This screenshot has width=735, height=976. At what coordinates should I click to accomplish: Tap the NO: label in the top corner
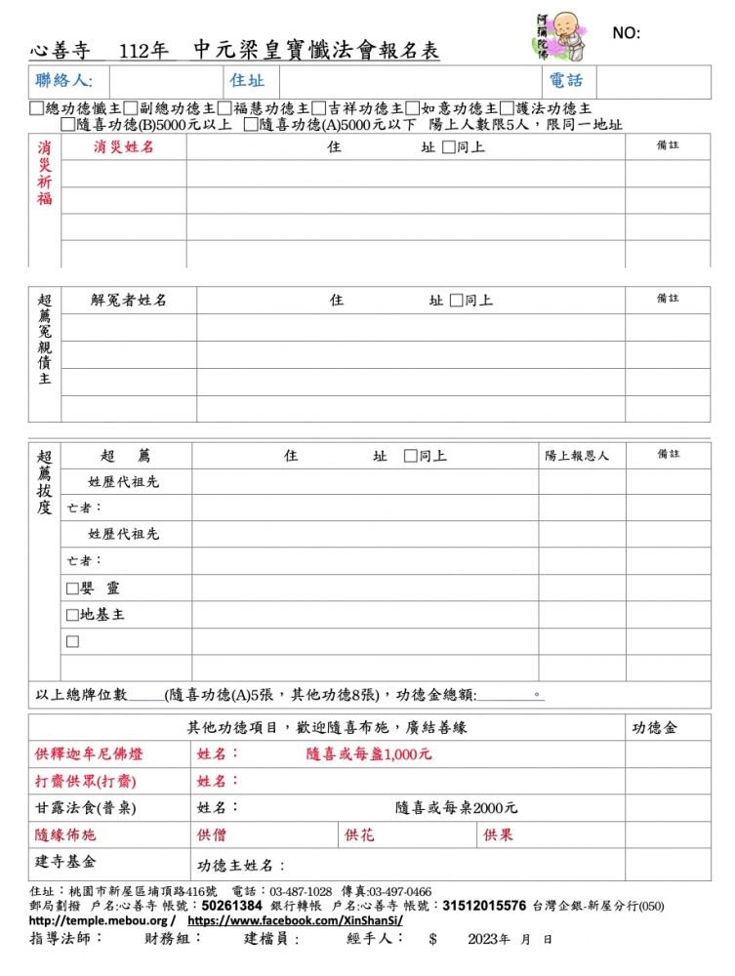(x=626, y=33)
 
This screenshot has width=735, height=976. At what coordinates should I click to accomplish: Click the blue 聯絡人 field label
(x=63, y=81)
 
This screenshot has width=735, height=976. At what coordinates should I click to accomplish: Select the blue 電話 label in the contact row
(x=566, y=81)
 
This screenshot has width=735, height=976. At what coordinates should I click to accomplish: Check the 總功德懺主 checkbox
(x=37, y=108)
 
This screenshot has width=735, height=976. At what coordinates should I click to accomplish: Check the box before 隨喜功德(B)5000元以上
(x=67, y=124)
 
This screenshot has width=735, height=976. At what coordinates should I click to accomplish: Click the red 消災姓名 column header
(x=124, y=147)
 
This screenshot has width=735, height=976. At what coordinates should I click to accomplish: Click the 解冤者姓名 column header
(x=129, y=300)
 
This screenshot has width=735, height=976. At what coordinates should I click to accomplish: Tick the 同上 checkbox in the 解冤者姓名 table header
(x=456, y=301)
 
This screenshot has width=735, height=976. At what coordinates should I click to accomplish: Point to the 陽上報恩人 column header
(x=577, y=456)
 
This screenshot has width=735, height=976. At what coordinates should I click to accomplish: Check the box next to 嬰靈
(x=72, y=589)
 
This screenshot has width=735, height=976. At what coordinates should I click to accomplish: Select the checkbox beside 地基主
(x=72, y=615)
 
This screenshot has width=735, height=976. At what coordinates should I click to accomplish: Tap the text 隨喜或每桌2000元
(x=456, y=808)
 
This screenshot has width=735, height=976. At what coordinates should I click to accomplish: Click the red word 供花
(x=359, y=835)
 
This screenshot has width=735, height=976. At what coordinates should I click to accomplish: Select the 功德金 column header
(x=655, y=728)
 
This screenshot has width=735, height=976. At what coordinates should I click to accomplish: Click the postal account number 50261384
(x=231, y=906)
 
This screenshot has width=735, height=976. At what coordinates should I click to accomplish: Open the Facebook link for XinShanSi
(x=295, y=920)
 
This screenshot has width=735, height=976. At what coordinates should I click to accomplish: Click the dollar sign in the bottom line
(x=432, y=939)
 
